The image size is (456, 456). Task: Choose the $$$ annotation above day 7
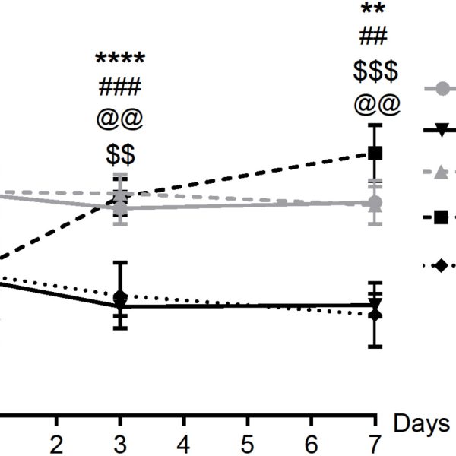point(375,71)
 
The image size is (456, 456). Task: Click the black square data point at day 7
point(374,153)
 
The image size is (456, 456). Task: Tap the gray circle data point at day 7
point(374,204)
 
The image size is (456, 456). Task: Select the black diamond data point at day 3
point(119,296)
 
